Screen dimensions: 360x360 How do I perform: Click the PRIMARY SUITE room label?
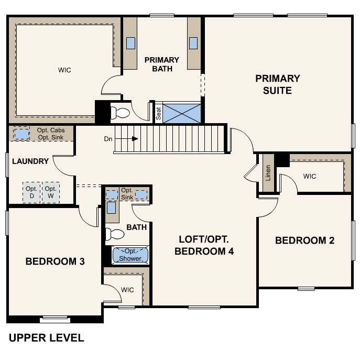click(278, 84)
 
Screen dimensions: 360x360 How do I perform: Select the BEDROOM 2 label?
click(304, 241)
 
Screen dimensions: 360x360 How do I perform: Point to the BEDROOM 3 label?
click(55, 261)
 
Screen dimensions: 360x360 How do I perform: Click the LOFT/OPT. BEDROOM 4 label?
click(204, 245)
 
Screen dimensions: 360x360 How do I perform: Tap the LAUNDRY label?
click(30, 161)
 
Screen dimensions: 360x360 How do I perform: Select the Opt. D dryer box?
click(31, 192)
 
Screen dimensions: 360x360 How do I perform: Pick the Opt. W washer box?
click(50, 192)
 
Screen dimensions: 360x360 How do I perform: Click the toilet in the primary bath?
click(121, 113)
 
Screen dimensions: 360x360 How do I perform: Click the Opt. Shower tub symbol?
click(130, 255)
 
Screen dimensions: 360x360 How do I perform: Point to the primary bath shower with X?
click(181, 113)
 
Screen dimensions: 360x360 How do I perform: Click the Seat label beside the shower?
click(158, 113)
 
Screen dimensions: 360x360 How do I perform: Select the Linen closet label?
click(268, 172)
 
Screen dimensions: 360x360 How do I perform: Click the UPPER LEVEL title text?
click(46, 338)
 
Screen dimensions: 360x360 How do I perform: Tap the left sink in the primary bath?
click(130, 43)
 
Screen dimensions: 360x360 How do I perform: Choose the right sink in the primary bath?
click(193, 43)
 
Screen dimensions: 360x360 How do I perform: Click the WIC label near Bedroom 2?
click(310, 176)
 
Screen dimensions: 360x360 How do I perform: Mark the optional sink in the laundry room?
click(21, 134)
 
